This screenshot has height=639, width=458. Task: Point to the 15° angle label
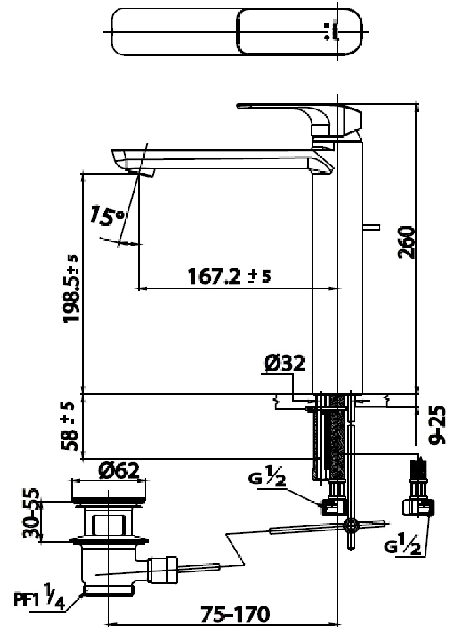pos(106,216)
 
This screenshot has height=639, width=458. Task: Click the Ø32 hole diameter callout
pos(285,363)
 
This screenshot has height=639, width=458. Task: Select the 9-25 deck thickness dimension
pos(442,425)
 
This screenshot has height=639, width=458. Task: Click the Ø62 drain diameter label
pos(118,470)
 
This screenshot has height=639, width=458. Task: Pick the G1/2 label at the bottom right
pos(407,548)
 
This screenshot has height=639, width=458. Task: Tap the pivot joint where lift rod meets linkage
pos(350,525)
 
